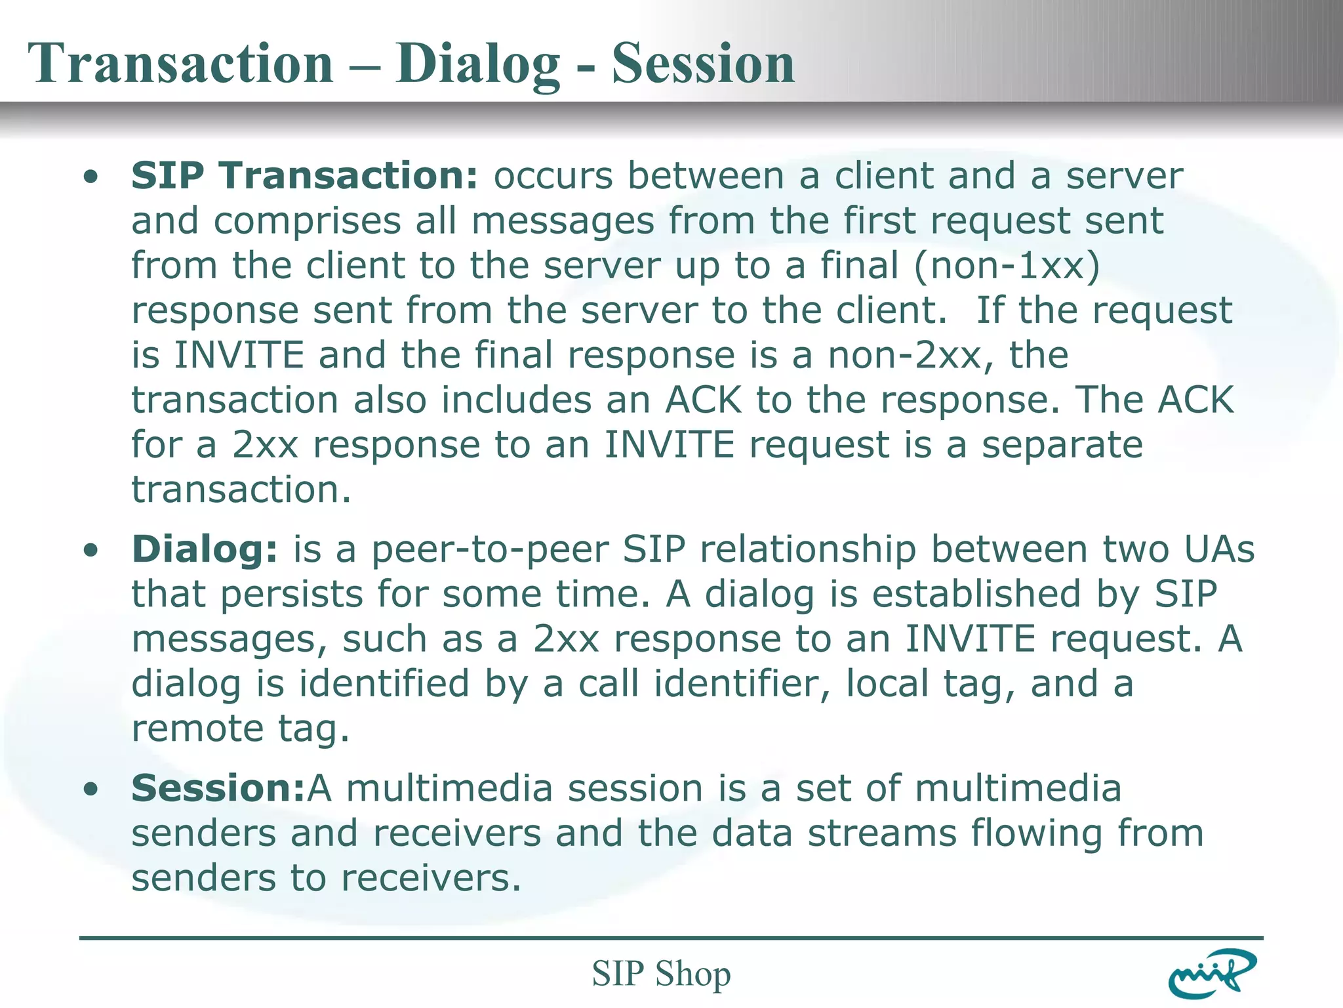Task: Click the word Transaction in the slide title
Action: coord(180,64)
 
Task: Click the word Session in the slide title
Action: coord(703,64)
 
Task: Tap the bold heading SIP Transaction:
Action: coord(305,176)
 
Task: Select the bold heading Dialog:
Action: coord(205,549)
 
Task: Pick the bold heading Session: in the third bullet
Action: coord(218,788)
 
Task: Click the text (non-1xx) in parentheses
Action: coord(1007,266)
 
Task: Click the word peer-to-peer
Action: coord(490,549)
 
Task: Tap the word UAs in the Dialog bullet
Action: coord(1219,549)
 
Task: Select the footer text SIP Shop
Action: coord(661,973)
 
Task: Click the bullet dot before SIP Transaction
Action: coord(91,177)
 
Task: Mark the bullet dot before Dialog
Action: coord(91,551)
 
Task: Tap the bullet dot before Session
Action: coord(91,789)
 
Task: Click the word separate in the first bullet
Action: coord(1062,445)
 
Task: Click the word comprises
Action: coord(307,222)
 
